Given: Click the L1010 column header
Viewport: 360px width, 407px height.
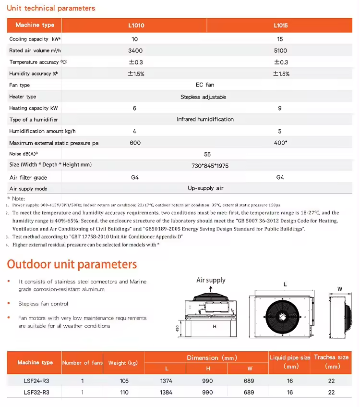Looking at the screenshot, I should pyautogui.click(x=135, y=25).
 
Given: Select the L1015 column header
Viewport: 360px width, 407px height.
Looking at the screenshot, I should pyautogui.click(x=280, y=25).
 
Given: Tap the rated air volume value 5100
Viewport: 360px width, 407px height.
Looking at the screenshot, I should pyautogui.click(x=280, y=50).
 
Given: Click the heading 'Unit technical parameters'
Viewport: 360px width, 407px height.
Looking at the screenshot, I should pyautogui.click(x=51, y=8).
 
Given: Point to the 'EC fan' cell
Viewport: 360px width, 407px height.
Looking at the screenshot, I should pyautogui.click(x=205, y=85).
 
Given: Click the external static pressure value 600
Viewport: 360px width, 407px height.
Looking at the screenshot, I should pyautogui.click(x=135, y=143).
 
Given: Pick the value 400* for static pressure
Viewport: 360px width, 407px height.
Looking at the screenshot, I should pyautogui.click(x=280, y=143).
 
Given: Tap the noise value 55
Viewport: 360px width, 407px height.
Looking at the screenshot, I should pyautogui.click(x=207, y=154).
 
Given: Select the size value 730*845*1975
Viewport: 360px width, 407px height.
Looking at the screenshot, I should pyautogui.click(x=210, y=165).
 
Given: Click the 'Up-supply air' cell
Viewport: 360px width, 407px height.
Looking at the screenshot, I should pyautogui.click(x=205, y=188).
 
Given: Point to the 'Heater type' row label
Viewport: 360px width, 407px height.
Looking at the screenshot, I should pyautogui.click(x=23, y=97).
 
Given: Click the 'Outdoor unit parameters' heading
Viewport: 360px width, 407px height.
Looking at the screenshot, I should pyautogui.click(x=72, y=264).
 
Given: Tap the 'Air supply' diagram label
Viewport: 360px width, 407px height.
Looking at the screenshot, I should pyautogui.click(x=211, y=280).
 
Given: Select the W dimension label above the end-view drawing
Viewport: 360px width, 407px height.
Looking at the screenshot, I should pyautogui.click(x=340, y=289).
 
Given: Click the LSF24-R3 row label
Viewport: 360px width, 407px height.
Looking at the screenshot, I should pyautogui.click(x=36, y=381).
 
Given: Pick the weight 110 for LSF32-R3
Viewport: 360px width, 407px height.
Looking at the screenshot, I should pyautogui.click(x=124, y=392).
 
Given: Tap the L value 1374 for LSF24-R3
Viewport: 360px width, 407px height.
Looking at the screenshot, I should pyautogui.click(x=166, y=381).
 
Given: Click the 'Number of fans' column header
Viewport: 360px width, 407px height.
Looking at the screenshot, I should pyautogui.click(x=83, y=363).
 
